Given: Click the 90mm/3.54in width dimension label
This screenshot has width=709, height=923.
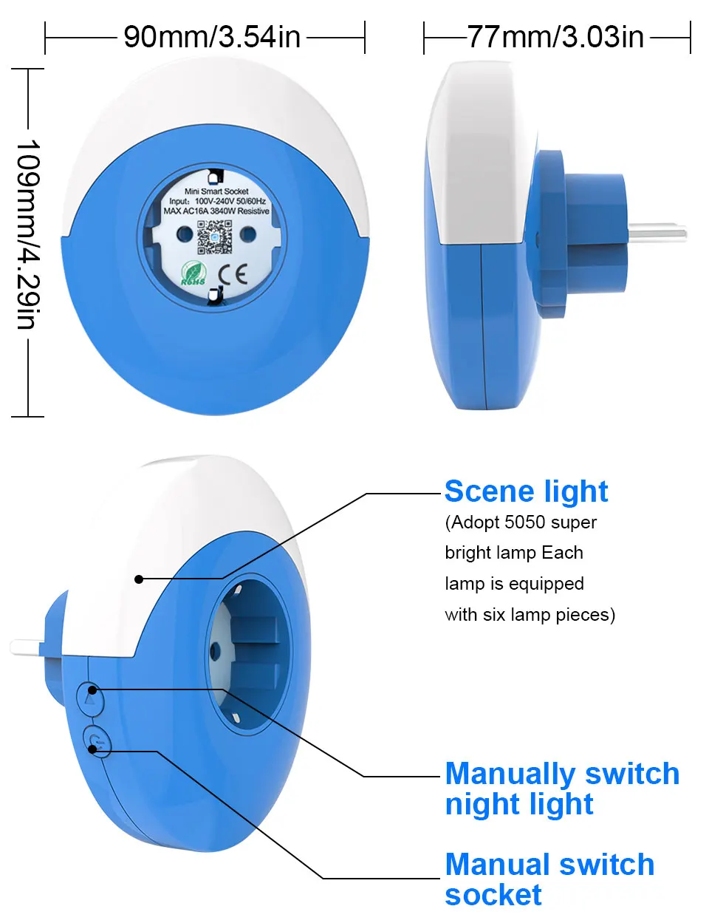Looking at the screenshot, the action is pos(212,38).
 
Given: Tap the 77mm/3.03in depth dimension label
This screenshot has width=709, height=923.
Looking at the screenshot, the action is pos(555,38).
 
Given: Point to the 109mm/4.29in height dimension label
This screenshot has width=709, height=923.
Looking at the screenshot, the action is pos(28,234).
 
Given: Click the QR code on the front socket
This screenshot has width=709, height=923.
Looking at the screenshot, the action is pos(214,237).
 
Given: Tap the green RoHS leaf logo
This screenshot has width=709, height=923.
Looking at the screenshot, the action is pos(194,273).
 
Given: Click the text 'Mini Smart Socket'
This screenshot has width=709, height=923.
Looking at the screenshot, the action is pos(216,191).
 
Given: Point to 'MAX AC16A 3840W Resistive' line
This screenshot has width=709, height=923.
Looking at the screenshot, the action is pos(216,211).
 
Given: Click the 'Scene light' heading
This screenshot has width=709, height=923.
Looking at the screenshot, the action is pos(526,492).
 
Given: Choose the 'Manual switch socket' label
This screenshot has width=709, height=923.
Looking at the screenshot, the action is pos(550,879).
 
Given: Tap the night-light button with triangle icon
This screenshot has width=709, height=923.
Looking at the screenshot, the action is pos(90,698).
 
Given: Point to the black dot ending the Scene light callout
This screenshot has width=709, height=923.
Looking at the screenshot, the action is pos(139,579).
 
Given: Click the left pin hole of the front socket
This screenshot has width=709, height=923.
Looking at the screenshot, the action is pos(184,233).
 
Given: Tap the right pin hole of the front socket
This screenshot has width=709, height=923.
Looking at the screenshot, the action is pos(248,234).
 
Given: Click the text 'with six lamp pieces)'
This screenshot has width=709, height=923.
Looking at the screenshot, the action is pos(530,615).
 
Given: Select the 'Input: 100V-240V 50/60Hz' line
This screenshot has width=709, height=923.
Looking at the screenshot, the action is pos(217,201).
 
